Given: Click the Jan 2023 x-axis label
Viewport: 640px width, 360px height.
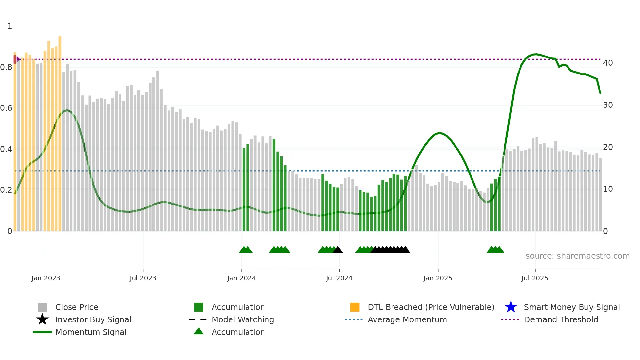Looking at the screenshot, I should click(x=46, y=278).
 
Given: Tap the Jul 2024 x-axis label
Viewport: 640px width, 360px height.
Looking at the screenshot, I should click(x=339, y=278).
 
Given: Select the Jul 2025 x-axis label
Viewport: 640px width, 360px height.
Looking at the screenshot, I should click(x=535, y=278).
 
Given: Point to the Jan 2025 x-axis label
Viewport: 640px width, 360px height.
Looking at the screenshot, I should click(x=438, y=278).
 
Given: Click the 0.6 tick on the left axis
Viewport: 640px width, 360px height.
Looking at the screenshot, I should click(x=6, y=108).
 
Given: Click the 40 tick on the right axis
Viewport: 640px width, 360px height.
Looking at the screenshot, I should click(x=608, y=63).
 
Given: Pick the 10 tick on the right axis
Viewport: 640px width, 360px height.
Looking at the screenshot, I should click(x=608, y=189).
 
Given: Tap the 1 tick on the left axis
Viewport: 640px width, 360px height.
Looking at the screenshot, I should click(x=10, y=26).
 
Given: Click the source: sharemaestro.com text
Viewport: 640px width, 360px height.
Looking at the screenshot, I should click(x=577, y=256).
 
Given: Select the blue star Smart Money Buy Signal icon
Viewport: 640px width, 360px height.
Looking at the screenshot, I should click(x=511, y=307).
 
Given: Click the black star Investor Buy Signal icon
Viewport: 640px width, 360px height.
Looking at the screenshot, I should click(x=42, y=319).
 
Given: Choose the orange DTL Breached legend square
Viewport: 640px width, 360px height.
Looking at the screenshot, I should click(x=355, y=307).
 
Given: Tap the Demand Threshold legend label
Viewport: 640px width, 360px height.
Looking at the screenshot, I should click(x=561, y=319).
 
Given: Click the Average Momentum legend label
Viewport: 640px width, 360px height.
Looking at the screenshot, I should click(x=407, y=319).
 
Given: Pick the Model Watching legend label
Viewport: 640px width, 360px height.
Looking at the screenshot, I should click(x=243, y=319).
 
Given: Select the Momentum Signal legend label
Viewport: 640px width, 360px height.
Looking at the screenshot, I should click(x=91, y=332).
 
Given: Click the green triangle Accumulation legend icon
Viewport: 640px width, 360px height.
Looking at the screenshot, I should click(x=199, y=331).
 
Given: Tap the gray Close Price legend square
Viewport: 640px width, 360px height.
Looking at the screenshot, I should click(x=42, y=307).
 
